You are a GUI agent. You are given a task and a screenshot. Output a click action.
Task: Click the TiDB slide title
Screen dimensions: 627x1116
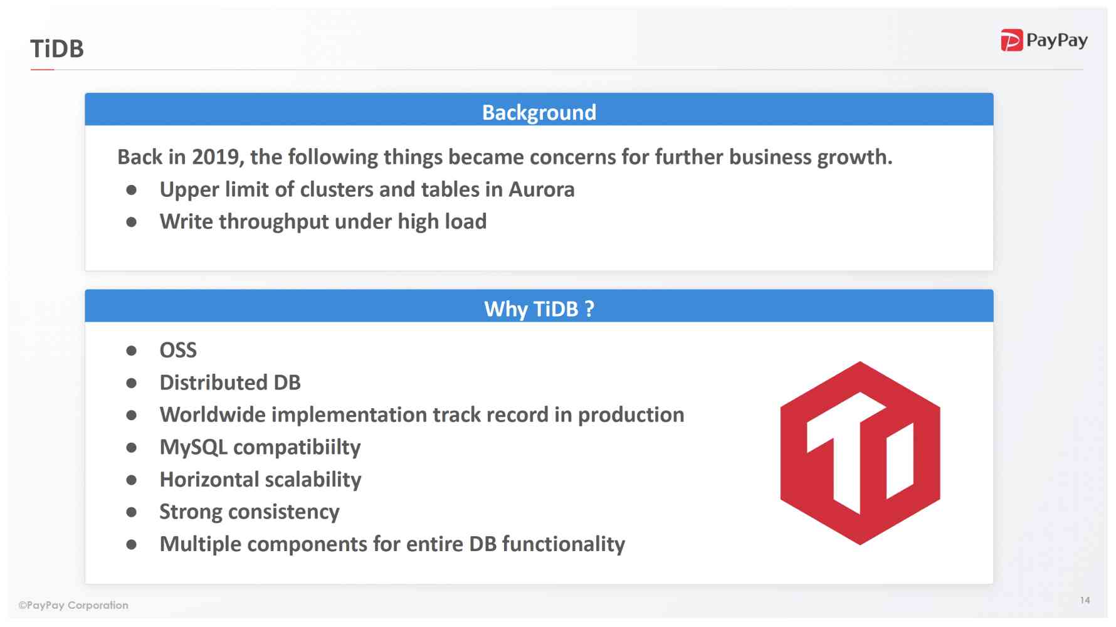[57, 49]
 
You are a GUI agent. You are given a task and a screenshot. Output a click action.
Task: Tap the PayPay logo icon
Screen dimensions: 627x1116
[1011, 41]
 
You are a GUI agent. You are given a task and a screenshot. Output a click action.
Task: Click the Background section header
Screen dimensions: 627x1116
[539, 112]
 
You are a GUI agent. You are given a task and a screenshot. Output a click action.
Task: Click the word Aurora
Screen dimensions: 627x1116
[541, 189]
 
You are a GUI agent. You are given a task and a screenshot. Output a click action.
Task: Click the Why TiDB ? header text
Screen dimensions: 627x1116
[539, 309]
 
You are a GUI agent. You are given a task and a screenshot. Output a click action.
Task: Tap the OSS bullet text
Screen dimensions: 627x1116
[178, 350]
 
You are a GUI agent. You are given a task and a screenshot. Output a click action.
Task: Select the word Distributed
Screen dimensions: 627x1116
[213, 382]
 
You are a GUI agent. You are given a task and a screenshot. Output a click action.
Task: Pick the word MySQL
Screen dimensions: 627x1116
[193, 448]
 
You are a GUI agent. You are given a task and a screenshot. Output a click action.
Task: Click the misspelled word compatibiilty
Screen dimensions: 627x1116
[297, 448]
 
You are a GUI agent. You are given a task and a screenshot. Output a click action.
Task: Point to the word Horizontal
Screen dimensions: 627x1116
[209, 480]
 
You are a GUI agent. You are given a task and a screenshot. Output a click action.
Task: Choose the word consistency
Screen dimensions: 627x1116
[283, 512]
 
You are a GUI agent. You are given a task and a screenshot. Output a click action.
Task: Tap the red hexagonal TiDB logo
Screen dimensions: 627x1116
[860, 453]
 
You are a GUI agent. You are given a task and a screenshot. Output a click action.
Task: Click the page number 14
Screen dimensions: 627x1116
[1085, 600]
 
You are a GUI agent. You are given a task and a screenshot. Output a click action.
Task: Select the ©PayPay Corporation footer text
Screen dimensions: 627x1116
[73, 605]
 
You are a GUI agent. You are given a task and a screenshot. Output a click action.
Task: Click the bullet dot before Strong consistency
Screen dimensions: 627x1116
[132, 512]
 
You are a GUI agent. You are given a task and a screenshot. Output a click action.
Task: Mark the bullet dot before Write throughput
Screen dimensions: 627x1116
[132, 222]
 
